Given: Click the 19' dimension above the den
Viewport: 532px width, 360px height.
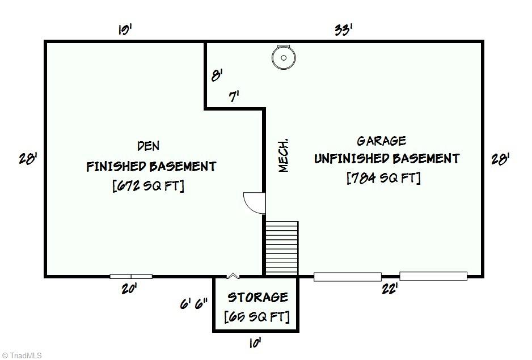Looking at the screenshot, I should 125,29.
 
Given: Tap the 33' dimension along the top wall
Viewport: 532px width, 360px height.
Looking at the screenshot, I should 343,29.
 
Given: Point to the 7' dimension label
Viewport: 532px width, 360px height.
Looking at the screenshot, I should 234,97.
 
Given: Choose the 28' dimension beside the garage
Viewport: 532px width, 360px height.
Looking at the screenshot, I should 500,160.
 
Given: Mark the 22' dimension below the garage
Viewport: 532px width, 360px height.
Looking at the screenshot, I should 389,289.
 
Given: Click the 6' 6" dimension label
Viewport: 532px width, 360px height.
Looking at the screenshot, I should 194,304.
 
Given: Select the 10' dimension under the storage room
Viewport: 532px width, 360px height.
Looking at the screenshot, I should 254,342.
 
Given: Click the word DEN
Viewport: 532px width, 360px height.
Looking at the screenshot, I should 149,147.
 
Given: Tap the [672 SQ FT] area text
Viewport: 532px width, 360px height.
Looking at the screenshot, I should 149,186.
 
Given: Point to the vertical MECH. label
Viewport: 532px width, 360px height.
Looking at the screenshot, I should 284,155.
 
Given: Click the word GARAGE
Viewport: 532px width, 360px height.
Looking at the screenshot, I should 381,141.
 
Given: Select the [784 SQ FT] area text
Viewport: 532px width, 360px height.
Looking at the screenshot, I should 383,178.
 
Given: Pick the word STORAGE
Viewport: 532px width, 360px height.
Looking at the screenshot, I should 257,298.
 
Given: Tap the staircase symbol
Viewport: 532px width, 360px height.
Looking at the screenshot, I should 282,248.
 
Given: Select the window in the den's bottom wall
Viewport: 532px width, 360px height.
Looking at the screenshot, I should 131,277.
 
